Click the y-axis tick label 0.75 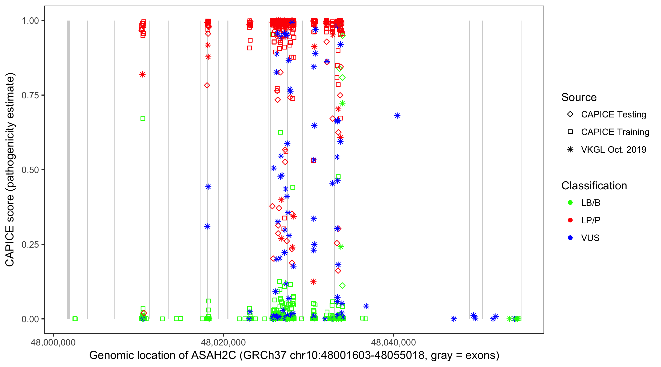click(30, 95)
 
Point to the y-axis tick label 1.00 click(30, 21)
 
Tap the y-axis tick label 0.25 click(30, 244)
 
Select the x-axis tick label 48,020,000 click(223, 342)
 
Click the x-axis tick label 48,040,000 click(393, 342)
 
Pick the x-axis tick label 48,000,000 click(53, 342)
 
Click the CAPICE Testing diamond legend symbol click(570, 115)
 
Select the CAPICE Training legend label click(615, 132)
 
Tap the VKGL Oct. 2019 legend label click(614, 150)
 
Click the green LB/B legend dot click(570, 203)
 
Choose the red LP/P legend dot click(570, 220)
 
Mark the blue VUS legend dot click(570, 238)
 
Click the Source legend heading click(579, 97)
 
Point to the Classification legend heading click(594, 186)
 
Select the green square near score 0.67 click(143, 119)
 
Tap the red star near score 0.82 click(142, 75)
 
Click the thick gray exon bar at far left click(69, 169)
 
